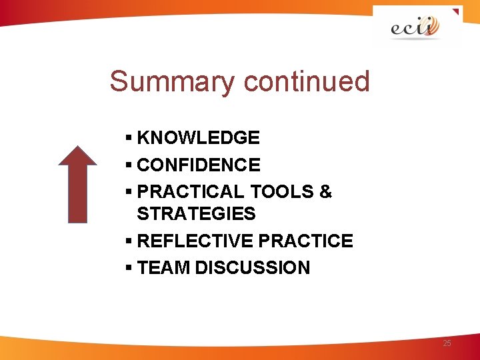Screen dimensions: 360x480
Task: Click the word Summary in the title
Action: click(x=171, y=82)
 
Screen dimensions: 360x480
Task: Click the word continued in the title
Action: click(x=307, y=82)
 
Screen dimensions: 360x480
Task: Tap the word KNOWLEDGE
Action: click(x=198, y=138)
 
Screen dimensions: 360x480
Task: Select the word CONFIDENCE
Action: click(x=198, y=165)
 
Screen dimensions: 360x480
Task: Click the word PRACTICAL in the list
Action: click(x=191, y=192)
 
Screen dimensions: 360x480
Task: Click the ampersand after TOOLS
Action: click(x=325, y=192)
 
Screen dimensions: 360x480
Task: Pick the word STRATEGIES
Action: click(x=196, y=214)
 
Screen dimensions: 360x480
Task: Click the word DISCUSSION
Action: click(x=253, y=268)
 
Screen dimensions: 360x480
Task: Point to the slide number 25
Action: click(x=447, y=343)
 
